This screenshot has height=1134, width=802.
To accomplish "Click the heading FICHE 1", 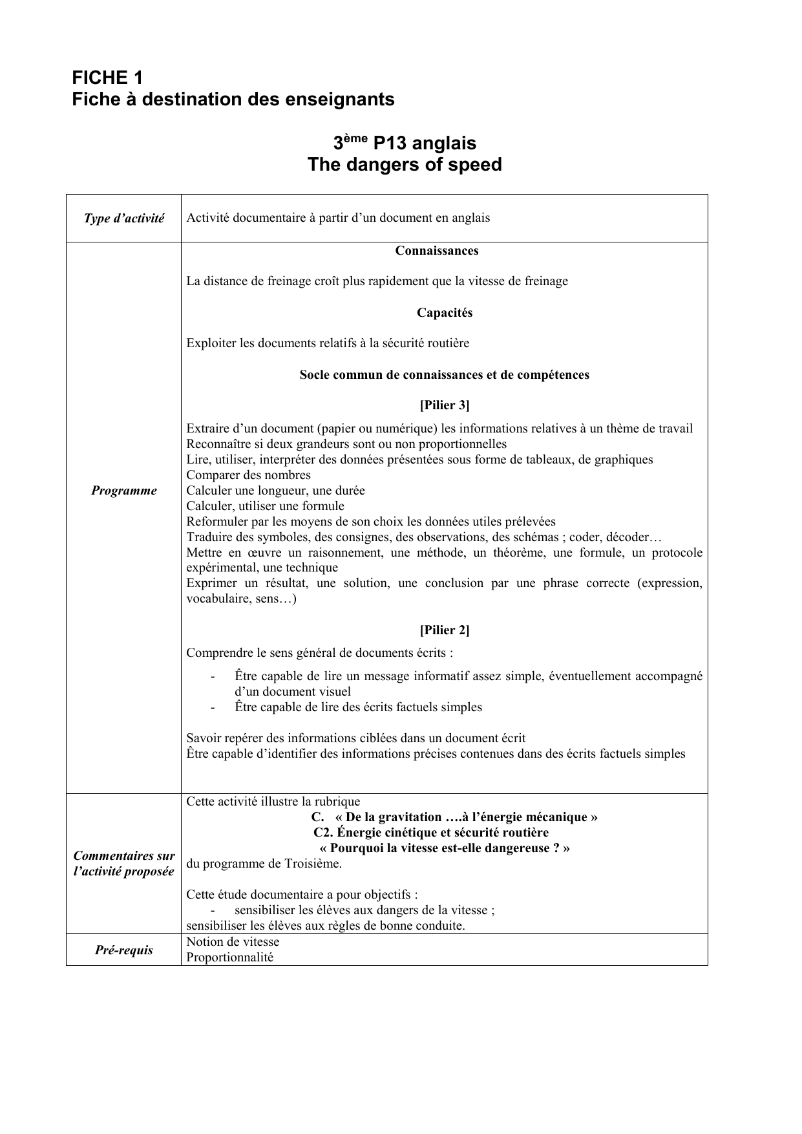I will [x=107, y=78].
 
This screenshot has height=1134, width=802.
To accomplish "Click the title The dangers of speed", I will [x=405, y=165].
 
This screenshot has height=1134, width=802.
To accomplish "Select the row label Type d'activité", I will [x=124, y=219].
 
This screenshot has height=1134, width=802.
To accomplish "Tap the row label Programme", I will [x=124, y=491].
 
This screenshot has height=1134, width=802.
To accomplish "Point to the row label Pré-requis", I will [x=124, y=950].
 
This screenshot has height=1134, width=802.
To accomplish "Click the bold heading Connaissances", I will [x=437, y=251].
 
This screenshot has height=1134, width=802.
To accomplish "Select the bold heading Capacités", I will [x=444, y=313].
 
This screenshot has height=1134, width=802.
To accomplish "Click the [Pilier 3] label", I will [x=444, y=405].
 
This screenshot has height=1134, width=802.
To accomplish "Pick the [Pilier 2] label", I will [x=444, y=630].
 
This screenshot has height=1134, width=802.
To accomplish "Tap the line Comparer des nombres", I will [x=248, y=475].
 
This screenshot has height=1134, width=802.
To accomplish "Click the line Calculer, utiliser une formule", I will [x=265, y=506].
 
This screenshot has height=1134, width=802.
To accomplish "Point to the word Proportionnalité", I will [x=229, y=957].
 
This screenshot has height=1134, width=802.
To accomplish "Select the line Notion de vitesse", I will [x=233, y=942].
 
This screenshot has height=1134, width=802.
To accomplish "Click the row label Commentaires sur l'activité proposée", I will [x=124, y=864].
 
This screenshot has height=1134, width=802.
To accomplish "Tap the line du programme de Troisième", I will [x=264, y=864].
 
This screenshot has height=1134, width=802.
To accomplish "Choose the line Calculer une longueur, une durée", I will [x=275, y=491].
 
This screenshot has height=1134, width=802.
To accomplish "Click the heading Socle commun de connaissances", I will [x=444, y=375].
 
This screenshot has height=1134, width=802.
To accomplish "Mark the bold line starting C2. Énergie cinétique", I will [x=430, y=833].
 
